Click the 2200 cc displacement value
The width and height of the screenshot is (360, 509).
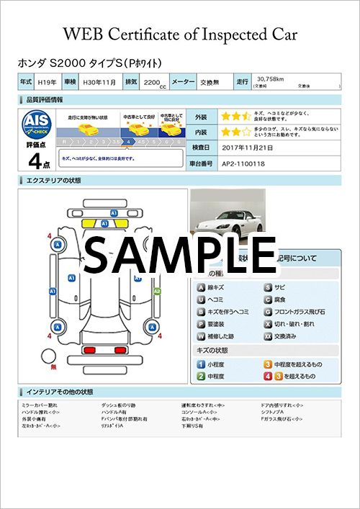153,84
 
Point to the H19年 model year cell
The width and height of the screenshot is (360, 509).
47,83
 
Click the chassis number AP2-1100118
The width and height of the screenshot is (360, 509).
243,163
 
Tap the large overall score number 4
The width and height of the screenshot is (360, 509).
32,161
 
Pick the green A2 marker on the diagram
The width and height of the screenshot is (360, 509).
157,291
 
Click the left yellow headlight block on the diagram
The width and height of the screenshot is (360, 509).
92,224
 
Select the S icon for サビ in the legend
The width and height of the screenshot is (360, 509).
268,287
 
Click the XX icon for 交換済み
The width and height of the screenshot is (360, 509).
268,335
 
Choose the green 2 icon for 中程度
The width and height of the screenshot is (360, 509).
202,376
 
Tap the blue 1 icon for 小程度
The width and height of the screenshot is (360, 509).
202,364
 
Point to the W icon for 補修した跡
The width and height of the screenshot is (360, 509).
202,335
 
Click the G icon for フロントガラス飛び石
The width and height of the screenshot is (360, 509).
268,312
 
